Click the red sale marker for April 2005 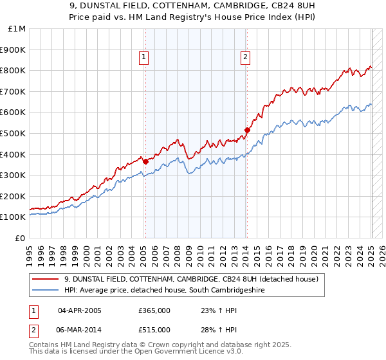point(145,161)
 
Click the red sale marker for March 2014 point(247,130)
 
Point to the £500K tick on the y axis point(13,133)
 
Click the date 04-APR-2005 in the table point(80,310)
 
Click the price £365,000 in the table point(154,310)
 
